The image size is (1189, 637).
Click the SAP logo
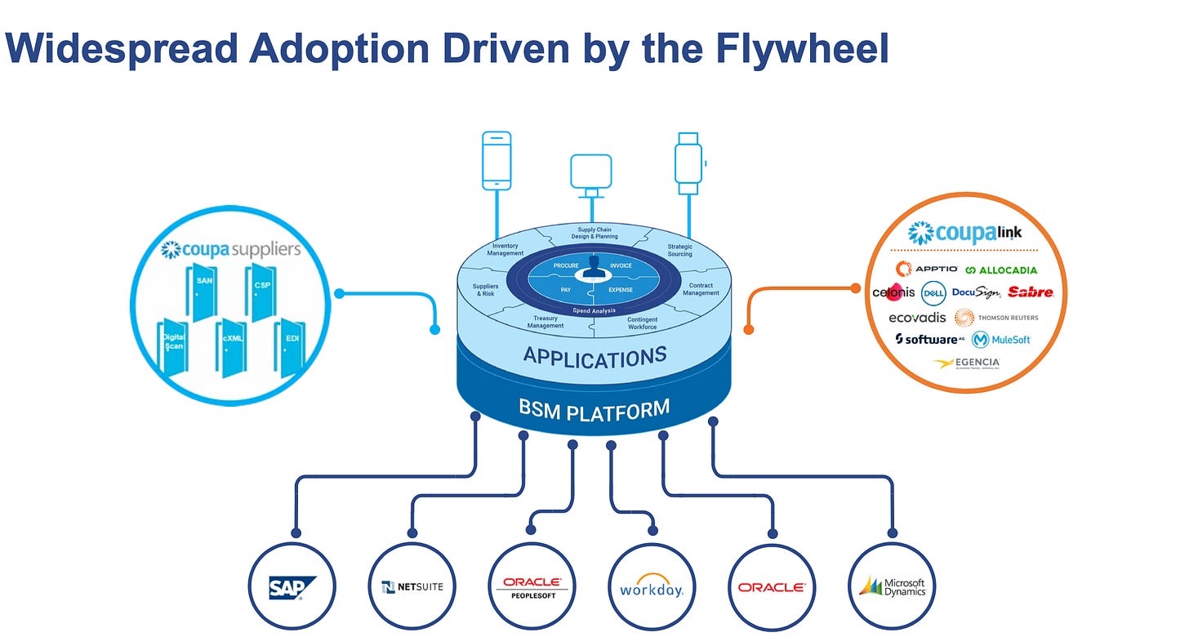pyautogui.click(x=292, y=586)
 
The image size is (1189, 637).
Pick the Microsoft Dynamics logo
pyautogui.click(x=892, y=586)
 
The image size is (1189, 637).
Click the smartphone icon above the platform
pyautogui.click(x=497, y=160)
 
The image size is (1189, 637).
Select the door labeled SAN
pyautogui.click(x=203, y=290)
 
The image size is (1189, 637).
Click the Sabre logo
pyautogui.click(x=1031, y=292)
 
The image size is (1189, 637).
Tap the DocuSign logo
pyautogui.click(x=976, y=292)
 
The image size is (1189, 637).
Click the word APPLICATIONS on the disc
pyautogui.click(x=594, y=357)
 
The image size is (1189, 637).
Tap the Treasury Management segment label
pyautogui.click(x=546, y=322)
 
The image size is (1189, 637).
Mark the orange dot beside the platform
pyautogui.click(x=748, y=329)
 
